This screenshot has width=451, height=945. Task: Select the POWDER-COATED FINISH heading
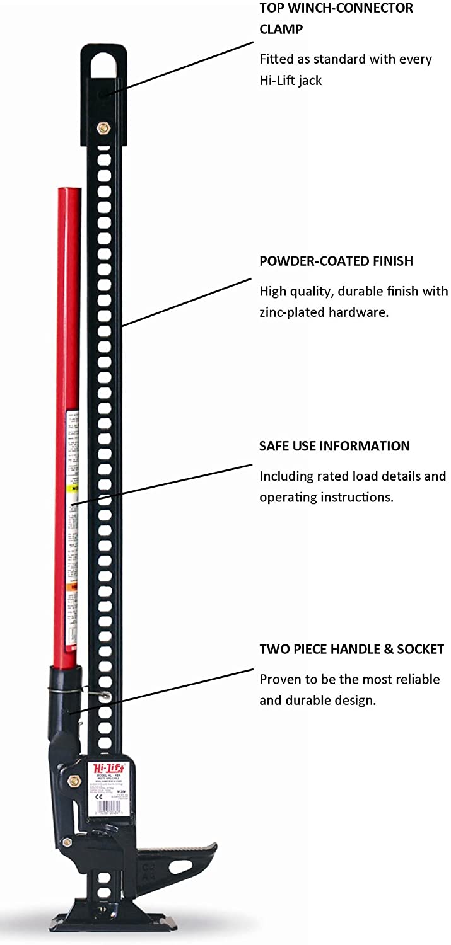[336, 261]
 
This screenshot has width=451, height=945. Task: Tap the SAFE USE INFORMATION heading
[334, 446]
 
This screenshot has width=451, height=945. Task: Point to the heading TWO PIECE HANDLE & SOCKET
[351, 649]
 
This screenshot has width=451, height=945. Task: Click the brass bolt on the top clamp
[102, 129]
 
